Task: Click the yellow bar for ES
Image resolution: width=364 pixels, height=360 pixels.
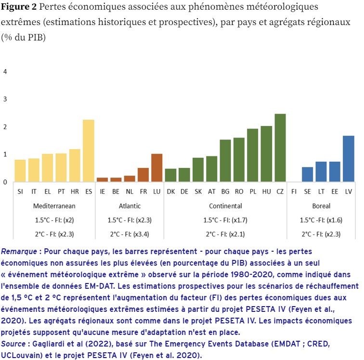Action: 88,151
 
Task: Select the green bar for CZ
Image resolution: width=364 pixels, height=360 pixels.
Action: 280,148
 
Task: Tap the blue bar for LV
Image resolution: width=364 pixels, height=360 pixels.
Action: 348,159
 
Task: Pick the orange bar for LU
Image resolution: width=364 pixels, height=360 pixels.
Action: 156,167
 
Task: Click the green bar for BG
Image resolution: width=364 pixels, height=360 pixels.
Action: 225,161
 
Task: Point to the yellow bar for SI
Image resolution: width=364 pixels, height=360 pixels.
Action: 20,170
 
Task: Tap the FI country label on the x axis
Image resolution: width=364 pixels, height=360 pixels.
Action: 294,192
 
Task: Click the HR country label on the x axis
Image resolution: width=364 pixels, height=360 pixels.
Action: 75,192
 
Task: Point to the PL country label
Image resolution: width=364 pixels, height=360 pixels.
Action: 253,192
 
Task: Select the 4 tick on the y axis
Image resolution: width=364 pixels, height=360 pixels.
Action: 5,72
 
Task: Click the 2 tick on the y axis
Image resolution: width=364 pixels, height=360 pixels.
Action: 5,127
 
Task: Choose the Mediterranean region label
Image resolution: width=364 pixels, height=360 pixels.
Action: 54,206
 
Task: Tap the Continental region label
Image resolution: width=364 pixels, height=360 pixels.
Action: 225,206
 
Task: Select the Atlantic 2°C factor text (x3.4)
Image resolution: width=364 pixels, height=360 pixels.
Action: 130,234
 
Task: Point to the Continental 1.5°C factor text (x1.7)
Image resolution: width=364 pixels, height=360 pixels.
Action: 225,220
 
